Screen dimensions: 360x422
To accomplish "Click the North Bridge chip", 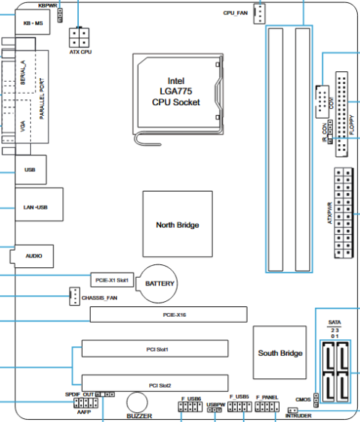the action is pos(178,224).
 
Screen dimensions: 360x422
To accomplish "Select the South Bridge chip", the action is pos(280,353).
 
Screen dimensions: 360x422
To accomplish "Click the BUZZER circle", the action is pos(137,402).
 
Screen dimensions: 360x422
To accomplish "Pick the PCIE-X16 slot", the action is pos(169,315).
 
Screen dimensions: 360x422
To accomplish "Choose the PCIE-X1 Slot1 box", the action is pos(112,280).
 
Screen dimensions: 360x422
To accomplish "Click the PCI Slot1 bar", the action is pos(155,348).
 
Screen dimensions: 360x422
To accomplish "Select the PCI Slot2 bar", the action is pos(155,383).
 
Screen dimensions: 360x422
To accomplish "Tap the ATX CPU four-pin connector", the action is pos(79,38).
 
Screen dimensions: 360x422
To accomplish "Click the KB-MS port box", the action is pos(32,22).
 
